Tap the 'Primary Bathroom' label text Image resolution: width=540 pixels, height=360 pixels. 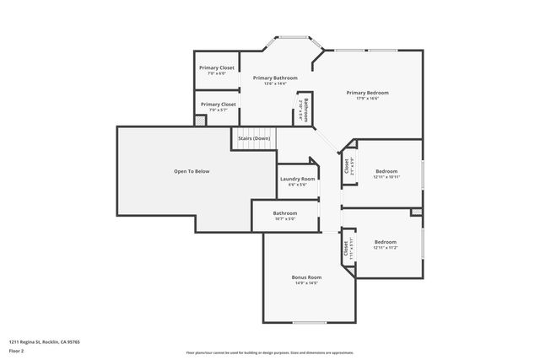tap(275, 78)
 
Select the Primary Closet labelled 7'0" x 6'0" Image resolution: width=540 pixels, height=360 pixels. tap(217, 67)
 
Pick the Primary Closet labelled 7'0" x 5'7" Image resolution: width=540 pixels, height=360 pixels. tap(217, 104)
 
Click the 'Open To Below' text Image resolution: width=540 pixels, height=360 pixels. tap(192, 171)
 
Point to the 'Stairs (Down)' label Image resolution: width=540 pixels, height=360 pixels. tap(254, 137)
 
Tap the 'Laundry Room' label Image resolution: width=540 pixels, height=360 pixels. tap(297, 179)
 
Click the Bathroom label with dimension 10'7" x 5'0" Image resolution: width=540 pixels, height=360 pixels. tap(285, 213)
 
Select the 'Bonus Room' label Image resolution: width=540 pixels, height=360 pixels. tap(306, 277)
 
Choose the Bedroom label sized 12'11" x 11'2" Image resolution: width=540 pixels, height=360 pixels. tap(385, 242)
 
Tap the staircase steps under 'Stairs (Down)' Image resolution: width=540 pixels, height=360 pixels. tap(253, 146)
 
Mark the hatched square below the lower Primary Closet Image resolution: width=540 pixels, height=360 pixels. tap(200, 121)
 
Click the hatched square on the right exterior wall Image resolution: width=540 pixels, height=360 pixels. tap(415, 212)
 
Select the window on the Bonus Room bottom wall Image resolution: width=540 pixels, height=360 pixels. tap(309, 322)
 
